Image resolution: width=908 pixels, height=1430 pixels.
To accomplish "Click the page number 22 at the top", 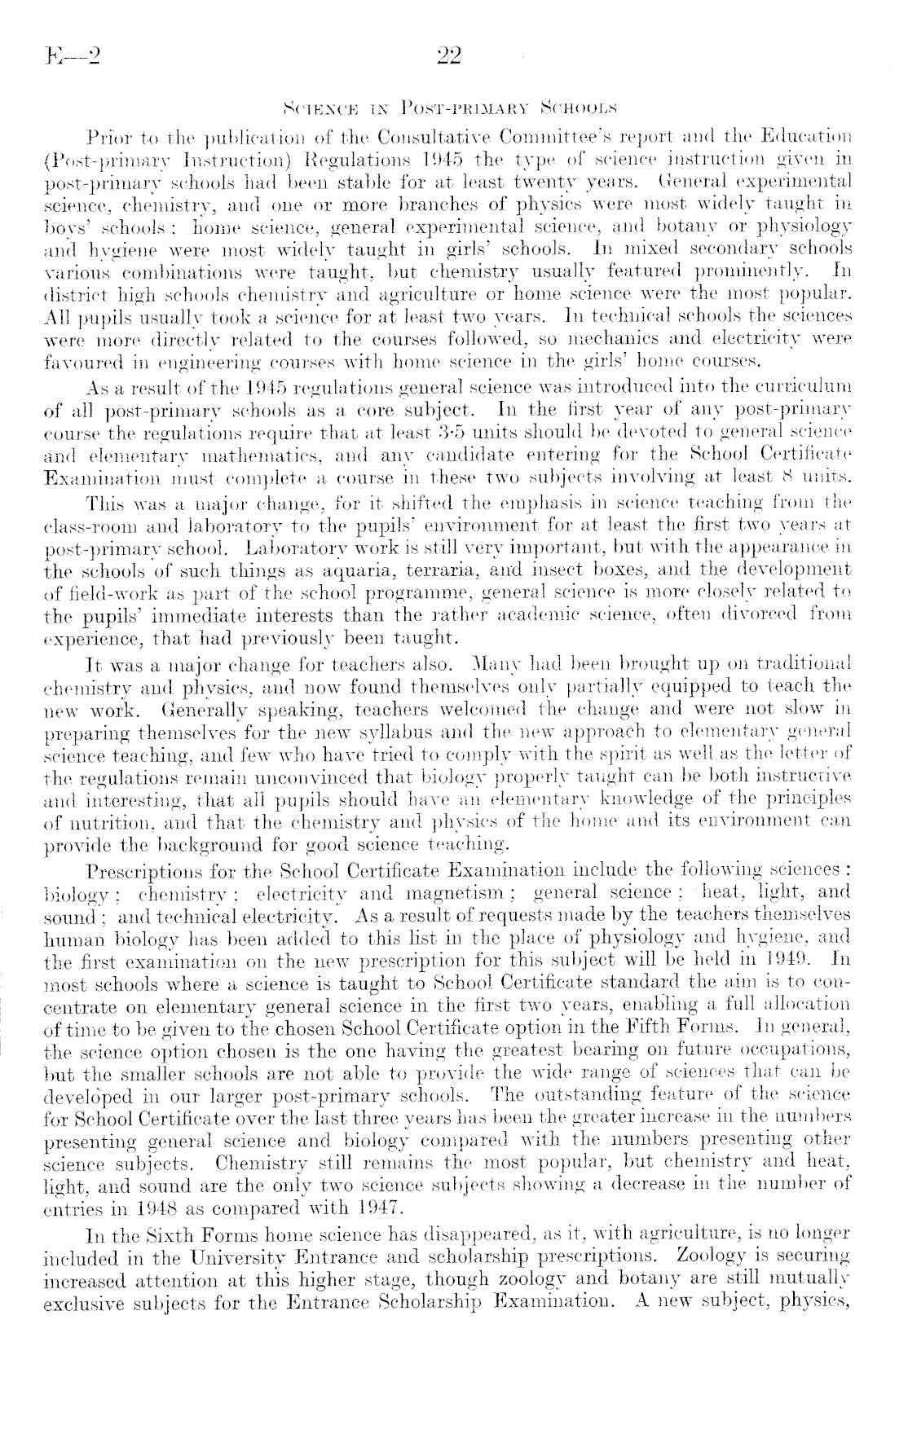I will (449, 56).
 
